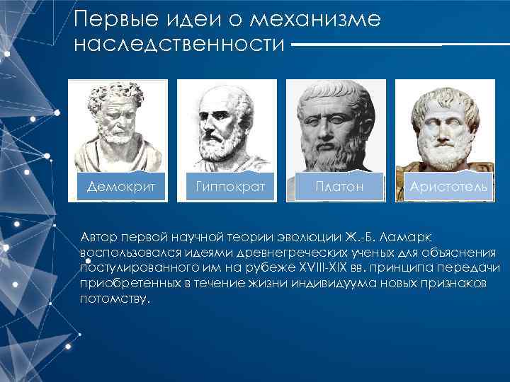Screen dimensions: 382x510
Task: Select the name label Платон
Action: (339, 187)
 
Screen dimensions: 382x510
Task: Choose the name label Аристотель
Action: (448, 187)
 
